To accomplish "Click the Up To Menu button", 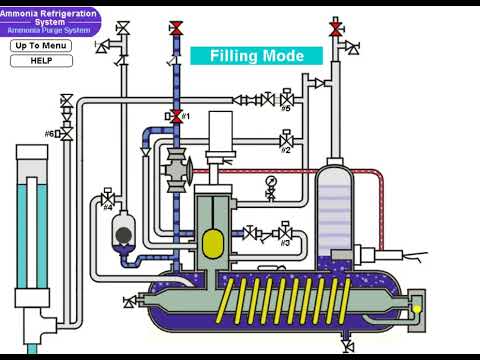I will point(42,46).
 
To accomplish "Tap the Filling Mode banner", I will point(256,56).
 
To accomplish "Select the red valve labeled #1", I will point(177,117).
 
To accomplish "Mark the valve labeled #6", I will point(67,133).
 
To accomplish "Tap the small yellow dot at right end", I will point(415,309).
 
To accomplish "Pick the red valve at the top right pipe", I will point(335,27).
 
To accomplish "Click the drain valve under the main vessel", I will point(346,345).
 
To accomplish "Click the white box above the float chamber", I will point(220,130).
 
